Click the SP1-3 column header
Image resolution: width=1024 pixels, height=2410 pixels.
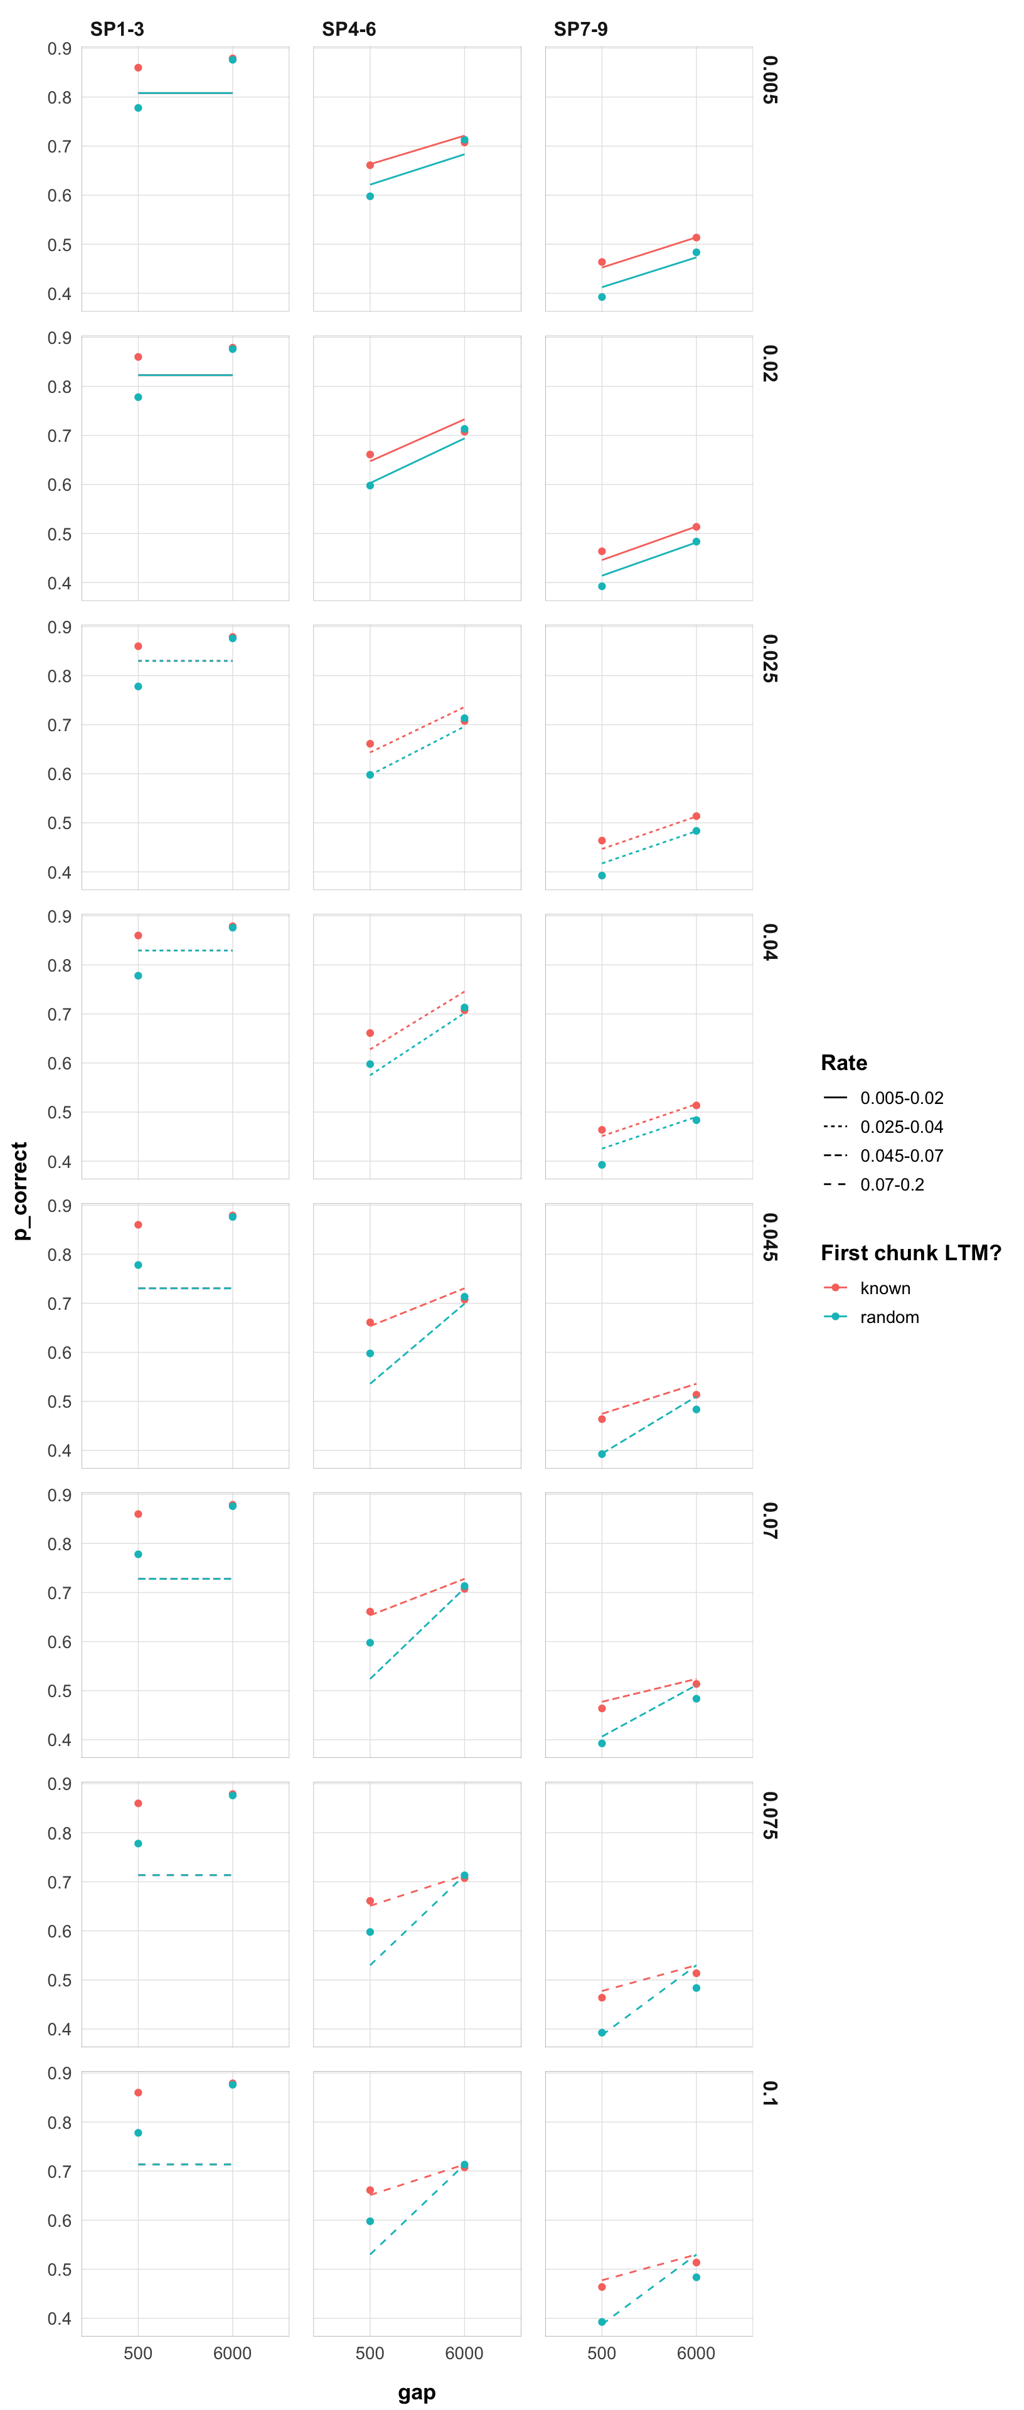click(x=117, y=29)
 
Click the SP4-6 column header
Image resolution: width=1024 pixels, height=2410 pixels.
click(x=349, y=29)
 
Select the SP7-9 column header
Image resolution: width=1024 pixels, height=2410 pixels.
click(x=581, y=29)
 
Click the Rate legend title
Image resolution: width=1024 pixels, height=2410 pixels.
click(x=843, y=1063)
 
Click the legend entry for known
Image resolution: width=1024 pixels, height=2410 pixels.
click(x=885, y=1288)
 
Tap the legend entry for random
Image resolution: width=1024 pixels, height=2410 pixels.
click(x=888, y=1317)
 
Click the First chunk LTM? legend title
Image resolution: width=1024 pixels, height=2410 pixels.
click(x=910, y=1253)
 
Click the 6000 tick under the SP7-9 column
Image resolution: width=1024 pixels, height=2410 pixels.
click(x=696, y=2353)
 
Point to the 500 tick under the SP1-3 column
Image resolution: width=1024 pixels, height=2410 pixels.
click(x=139, y=2353)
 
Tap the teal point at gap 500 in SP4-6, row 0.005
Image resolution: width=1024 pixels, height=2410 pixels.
click(x=370, y=196)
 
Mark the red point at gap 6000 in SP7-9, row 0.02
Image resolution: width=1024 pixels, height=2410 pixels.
click(x=696, y=527)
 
